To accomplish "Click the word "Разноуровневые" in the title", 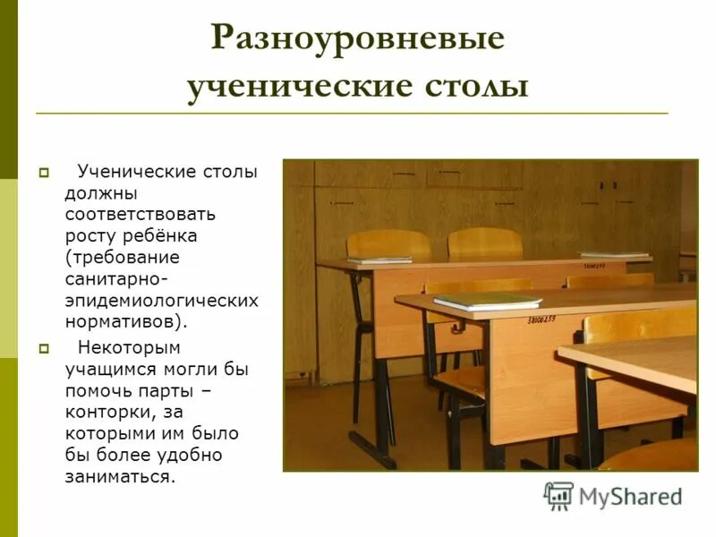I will pyautogui.click(x=358, y=40).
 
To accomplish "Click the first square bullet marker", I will pyautogui.click(x=41, y=172).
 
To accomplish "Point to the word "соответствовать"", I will pyautogui.click(x=145, y=214).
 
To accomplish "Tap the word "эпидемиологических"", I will pyautogui.click(x=161, y=300).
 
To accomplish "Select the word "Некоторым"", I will pyautogui.click(x=129, y=346).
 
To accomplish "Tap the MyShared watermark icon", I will pyautogui.click(x=558, y=496).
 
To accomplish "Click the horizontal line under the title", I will pyautogui.click(x=352, y=114).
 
